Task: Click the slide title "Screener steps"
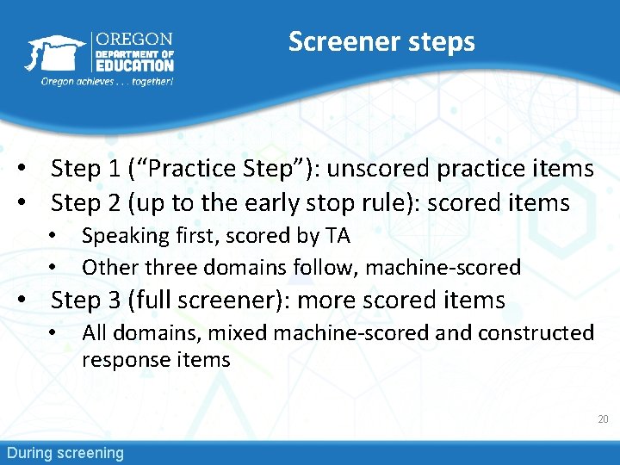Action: tap(381, 43)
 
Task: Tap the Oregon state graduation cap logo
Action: tap(55, 53)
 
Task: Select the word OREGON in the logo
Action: tap(134, 39)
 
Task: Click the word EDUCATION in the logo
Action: tap(135, 65)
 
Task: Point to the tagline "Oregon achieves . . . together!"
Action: tap(107, 82)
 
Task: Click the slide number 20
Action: tap(603, 419)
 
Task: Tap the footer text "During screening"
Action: tap(65, 453)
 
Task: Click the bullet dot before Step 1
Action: tap(22, 168)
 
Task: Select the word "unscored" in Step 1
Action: tap(378, 168)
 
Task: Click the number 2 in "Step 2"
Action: tap(114, 202)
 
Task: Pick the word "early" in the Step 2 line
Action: tap(271, 203)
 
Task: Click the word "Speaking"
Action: tap(126, 237)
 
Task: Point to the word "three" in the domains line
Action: tap(170, 267)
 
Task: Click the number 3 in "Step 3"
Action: tap(114, 300)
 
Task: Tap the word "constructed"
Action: tap(536, 332)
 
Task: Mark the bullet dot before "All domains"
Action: tap(53, 332)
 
